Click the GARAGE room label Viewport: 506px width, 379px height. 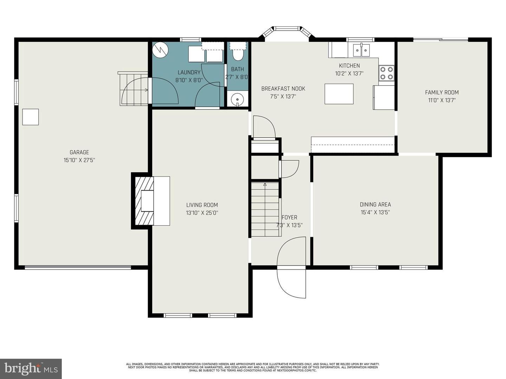point(79,152)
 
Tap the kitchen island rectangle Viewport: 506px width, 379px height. point(339,94)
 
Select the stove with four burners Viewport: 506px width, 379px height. point(386,73)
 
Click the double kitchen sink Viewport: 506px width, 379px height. point(361,50)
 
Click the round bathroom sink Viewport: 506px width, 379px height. point(238,99)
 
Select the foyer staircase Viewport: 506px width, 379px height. point(265,209)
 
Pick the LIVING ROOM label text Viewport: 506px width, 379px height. point(202,205)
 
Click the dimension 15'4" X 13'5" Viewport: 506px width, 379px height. point(375,212)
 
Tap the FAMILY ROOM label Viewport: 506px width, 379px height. point(442,92)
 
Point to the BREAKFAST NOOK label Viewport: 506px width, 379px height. point(283,88)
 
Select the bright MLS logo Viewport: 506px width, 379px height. point(31,368)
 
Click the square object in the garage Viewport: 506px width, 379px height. point(31,117)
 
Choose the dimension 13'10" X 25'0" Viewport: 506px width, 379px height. point(202,213)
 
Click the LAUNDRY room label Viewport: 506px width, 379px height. point(189,72)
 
